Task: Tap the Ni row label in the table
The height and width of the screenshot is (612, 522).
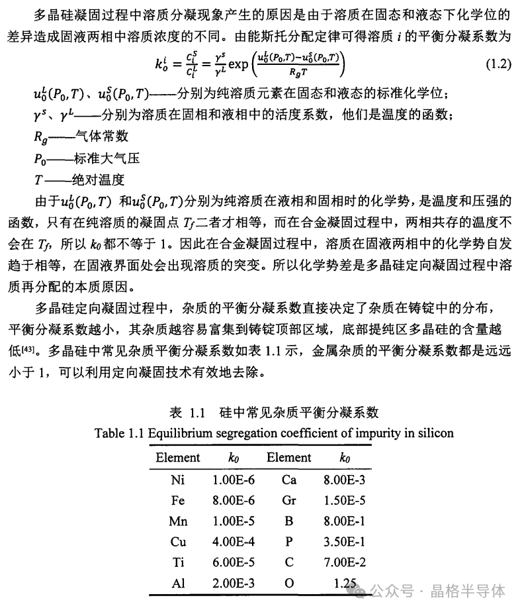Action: (x=177, y=480)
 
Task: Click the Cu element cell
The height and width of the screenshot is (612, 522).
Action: (x=177, y=541)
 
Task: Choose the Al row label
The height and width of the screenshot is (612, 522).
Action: (x=177, y=583)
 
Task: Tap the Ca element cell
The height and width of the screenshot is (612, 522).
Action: (x=288, y=480)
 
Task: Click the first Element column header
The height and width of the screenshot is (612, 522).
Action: (x=177, y=458)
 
